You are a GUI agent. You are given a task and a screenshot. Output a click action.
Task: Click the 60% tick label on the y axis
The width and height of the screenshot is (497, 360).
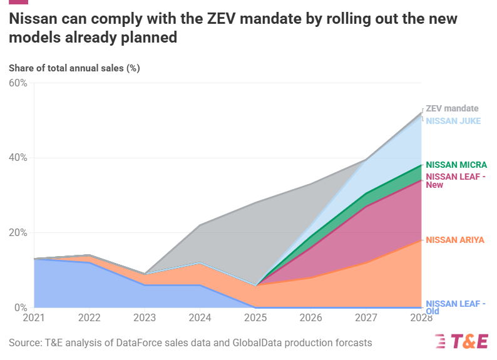(x=18, y=83)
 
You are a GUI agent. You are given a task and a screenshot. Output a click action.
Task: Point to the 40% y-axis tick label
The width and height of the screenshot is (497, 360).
(x=18, y=158)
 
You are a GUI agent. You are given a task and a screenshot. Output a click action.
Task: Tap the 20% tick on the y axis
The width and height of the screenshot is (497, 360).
(x=18, y=233)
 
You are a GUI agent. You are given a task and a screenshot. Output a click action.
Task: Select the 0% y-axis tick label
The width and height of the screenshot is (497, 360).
(x=21, y=308)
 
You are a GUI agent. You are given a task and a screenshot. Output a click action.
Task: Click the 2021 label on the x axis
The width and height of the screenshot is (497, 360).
(x=34, y=317)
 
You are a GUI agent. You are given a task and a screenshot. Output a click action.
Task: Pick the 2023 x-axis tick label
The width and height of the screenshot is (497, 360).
(x=144, y=317)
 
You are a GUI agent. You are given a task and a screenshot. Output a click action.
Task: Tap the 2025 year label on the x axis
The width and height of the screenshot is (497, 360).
(x=255, y=317)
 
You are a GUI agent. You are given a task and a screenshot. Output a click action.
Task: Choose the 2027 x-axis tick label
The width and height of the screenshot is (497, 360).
(x=366, y=317)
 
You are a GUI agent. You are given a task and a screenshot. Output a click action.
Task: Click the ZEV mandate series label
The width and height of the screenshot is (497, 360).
(x=452, y=108)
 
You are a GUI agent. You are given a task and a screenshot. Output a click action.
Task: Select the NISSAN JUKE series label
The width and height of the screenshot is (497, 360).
(x=453, y=121)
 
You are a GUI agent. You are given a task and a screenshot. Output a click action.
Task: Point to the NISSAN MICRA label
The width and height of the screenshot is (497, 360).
(x=456, y=165)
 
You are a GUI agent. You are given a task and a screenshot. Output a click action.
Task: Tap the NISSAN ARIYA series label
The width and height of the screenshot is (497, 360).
(x=455, y=240)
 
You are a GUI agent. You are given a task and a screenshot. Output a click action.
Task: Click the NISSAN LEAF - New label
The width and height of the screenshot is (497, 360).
(x=455, y=180)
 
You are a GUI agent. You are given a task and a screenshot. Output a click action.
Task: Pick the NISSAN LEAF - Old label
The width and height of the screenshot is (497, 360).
(x=455, y=307)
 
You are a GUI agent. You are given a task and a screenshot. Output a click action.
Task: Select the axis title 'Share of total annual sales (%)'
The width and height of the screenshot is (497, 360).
(x=74, y=68)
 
